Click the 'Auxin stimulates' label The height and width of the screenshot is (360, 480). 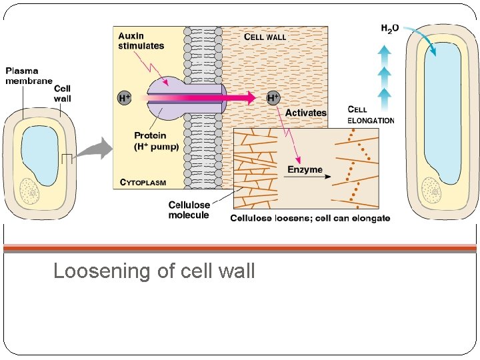click(x=141, y=41)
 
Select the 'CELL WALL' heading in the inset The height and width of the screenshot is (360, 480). click(x=265, y=37)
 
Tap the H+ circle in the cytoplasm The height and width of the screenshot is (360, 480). click(x=124, y=99)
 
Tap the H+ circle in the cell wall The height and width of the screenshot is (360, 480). click(x=273, y=99)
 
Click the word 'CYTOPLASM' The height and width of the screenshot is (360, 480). click(x=143, y=181)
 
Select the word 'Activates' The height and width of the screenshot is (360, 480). click(x=305, y=113)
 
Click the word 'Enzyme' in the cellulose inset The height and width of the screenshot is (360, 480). click(x=305, y=169)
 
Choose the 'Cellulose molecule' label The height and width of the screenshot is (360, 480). click(x=189, y=210)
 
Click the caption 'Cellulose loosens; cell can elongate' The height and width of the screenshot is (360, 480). click(x=310, y=218)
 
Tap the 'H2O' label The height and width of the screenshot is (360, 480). click(x=390, y=28)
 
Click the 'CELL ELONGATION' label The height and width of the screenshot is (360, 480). click(x=371, y=115)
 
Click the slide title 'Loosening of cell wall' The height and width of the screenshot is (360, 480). click(x=154, y=271)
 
